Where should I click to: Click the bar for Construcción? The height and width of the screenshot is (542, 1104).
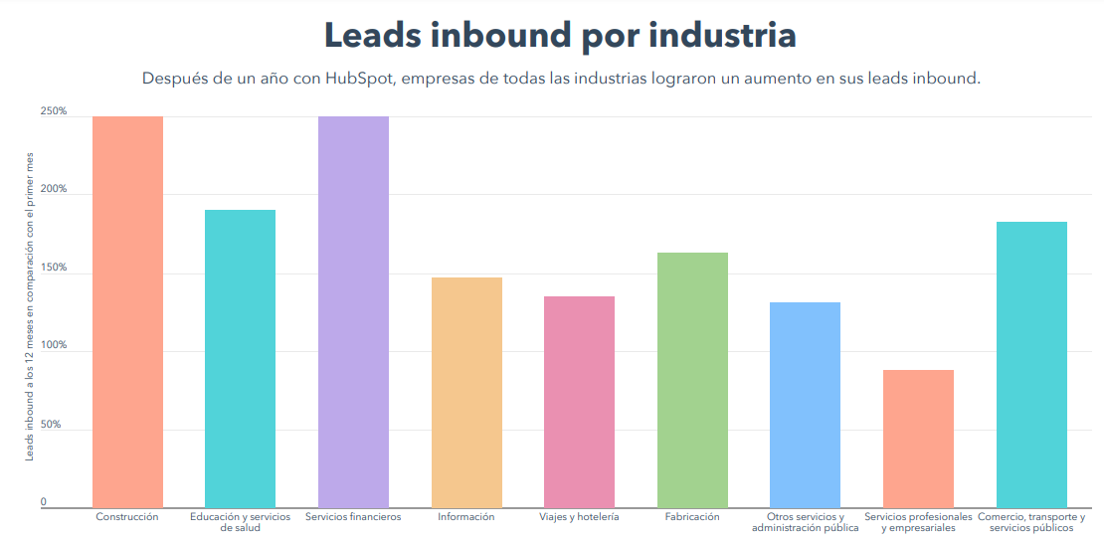127,312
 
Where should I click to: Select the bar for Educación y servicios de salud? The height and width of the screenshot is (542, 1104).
240,359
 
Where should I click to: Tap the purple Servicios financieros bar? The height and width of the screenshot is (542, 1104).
353,312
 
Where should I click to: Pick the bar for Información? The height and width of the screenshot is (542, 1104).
466,393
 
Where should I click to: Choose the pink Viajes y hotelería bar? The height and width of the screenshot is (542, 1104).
579,402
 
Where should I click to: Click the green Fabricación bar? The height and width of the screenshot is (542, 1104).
692,380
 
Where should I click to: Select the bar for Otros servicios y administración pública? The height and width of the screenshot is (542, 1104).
806,405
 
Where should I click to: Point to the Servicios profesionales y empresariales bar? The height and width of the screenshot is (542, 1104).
918,439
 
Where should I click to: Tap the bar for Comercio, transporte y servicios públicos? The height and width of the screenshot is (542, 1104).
1031,365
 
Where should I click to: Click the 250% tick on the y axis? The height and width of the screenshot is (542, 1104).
54,111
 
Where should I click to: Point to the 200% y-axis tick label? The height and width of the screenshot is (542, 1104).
54,189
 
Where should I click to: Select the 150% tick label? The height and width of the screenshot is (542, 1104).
54,268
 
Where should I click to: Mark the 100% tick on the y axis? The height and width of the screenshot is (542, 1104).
54,346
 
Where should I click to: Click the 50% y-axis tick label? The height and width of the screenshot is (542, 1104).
51,425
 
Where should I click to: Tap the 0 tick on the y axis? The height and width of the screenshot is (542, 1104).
43,502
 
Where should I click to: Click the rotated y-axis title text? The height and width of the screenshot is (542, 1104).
30,306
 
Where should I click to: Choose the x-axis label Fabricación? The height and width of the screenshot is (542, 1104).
692,517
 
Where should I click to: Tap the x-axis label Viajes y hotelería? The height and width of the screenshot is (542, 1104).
579,517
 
